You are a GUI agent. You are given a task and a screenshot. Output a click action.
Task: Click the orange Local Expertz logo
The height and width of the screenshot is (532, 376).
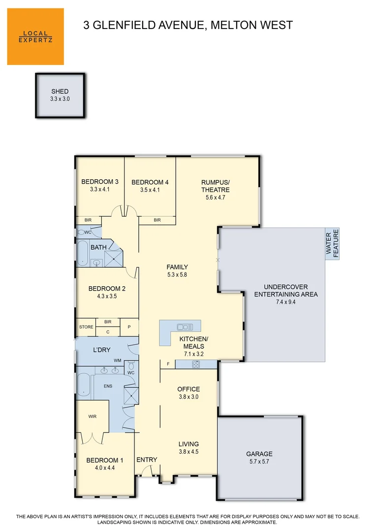(35, 36)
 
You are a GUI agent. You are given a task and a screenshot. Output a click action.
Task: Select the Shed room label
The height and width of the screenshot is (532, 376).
(60, 92)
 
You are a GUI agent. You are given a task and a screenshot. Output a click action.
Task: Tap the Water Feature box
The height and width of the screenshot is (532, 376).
(332, 243)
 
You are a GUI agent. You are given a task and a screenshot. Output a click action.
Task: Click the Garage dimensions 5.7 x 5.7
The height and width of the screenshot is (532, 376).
(259, 462)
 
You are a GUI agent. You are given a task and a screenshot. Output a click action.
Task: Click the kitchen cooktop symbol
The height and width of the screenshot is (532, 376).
(196, 365)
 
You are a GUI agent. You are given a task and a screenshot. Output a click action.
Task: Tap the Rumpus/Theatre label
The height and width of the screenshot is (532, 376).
(215, 186)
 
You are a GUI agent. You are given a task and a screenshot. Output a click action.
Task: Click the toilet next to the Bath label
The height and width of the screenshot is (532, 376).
(82, 232)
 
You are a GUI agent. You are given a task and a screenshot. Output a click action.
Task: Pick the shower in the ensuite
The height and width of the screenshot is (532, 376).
(131, 395)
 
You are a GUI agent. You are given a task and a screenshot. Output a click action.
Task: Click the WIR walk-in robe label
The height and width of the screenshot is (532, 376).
(93, 416)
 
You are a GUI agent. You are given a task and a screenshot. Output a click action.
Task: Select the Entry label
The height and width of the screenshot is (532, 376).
(147, 460)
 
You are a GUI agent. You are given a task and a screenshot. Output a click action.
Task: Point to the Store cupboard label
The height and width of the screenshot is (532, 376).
(86, 327)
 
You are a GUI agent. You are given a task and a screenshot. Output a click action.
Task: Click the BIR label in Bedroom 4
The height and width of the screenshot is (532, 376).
(157, 220)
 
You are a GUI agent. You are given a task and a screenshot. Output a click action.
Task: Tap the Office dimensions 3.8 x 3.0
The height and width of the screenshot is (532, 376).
(188, 397)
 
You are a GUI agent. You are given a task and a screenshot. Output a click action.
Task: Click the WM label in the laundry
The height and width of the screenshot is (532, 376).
(117, 361)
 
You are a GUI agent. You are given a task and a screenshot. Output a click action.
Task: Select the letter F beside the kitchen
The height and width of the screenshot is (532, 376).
(168, 364)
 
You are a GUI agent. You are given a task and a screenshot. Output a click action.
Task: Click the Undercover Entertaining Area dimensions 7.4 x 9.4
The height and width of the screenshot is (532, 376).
(285, 302)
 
